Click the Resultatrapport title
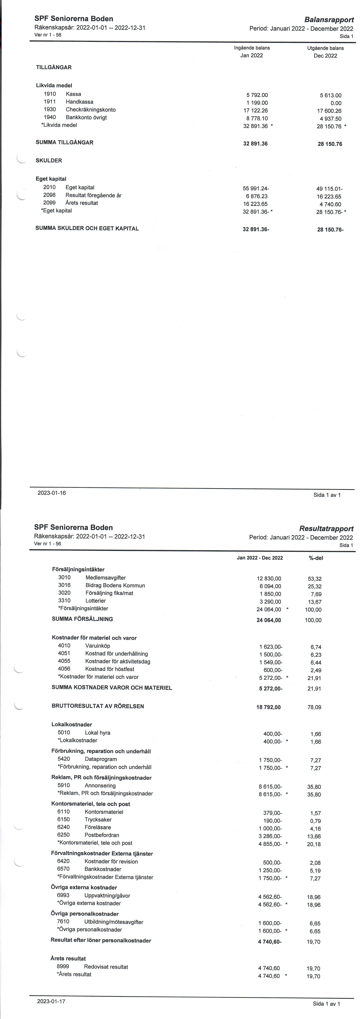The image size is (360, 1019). [326, 529]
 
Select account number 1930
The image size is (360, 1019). [50, 110]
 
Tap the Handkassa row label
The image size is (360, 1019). [80, 102]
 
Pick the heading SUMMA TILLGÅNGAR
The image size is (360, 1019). [64, 142]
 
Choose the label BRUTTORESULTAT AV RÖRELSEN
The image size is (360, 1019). [98, 706]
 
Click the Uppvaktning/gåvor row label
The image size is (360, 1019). [107, 896]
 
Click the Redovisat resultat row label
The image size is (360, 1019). [106, 967]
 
